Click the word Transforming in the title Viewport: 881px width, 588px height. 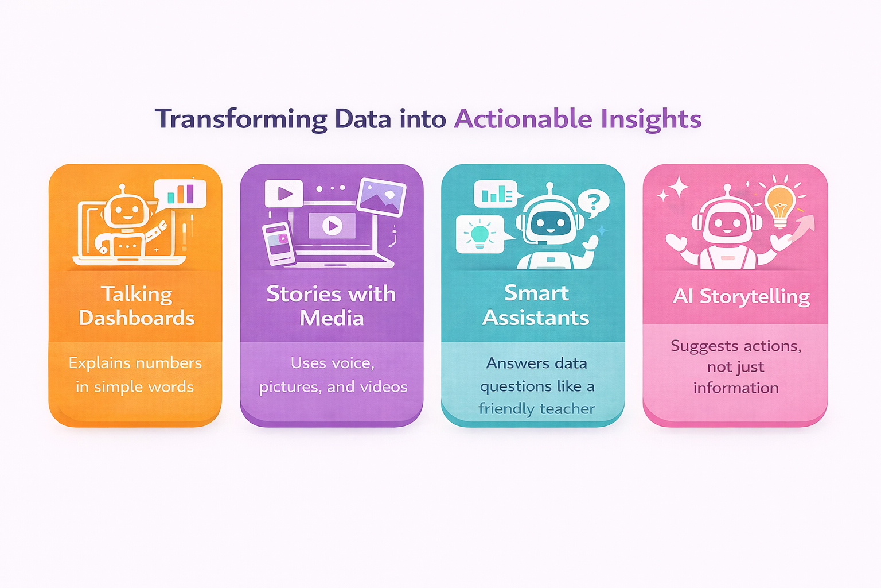241,119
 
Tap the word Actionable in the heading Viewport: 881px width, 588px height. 523,118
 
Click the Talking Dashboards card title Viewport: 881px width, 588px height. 137,306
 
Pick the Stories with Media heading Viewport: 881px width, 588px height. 331,306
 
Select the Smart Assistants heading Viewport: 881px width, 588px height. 536,305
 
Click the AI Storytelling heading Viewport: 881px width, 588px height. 742,296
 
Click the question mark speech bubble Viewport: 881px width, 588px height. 593,203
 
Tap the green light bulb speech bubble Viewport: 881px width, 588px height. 482,234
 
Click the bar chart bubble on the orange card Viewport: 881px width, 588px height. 180,194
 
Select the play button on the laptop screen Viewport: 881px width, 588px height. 332,226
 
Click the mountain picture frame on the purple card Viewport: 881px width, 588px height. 381,198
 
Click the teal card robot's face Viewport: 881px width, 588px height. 550,224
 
